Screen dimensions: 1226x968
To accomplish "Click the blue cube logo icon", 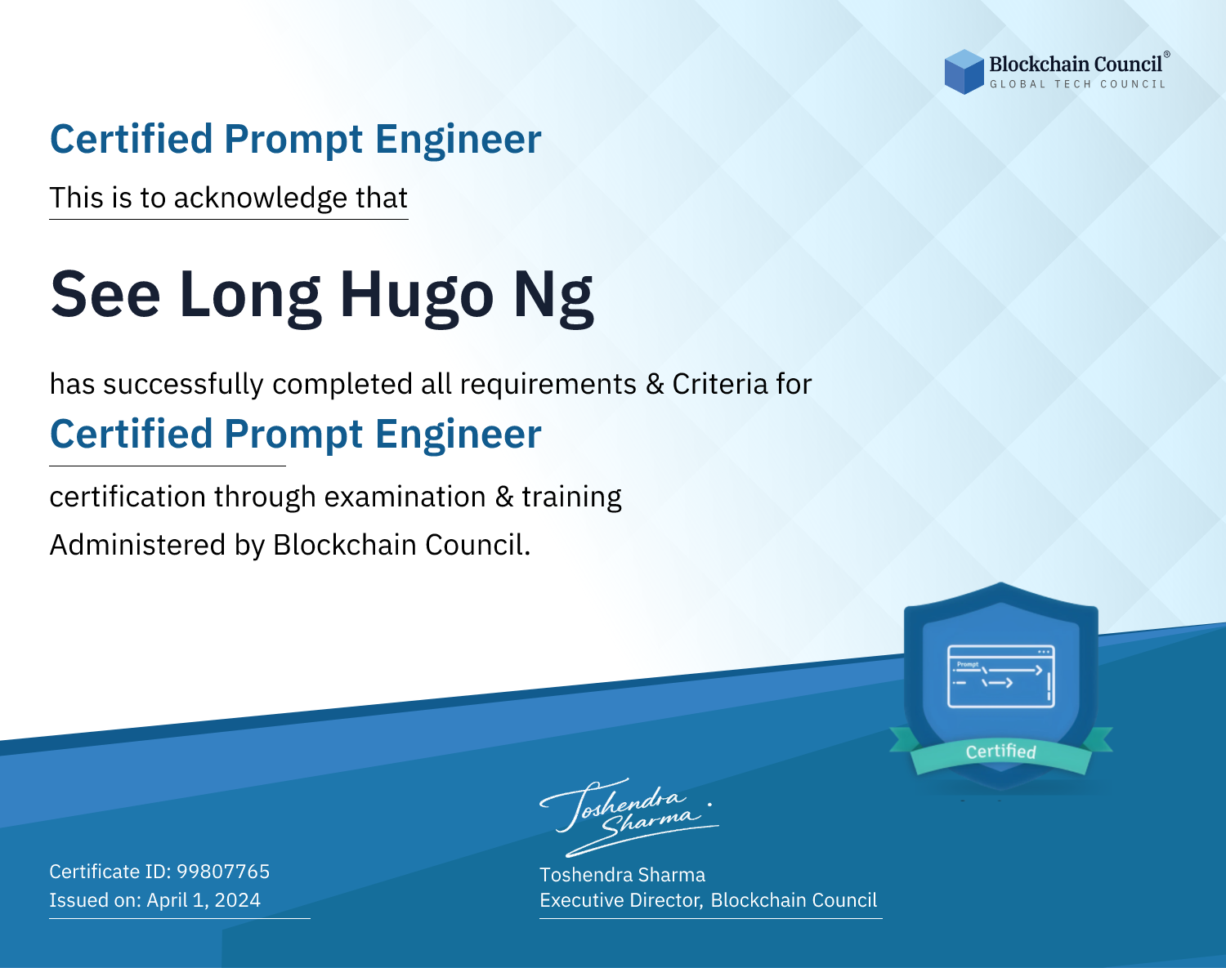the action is [x=964, y=72].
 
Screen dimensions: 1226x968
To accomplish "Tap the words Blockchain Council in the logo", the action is [x=1076, y=65].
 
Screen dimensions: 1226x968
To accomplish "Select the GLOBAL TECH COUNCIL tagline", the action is [x=1078, y=84].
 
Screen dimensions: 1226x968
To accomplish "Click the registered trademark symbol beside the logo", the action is [x=1167, y=55].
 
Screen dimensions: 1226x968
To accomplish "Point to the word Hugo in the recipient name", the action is [x=417, y=296].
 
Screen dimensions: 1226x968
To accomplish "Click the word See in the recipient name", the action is [x=105, y=294].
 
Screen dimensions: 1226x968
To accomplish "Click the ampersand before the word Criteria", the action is [x=655, y=385].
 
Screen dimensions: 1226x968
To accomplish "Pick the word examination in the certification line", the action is [x=405, y=497].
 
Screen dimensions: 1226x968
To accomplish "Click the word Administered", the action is [x=137, y=545].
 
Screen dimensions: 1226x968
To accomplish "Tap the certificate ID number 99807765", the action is [x=223, y=871].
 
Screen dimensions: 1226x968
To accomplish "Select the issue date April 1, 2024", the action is [x=204, y=900].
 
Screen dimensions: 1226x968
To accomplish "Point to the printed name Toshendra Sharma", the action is [x=622, y=875].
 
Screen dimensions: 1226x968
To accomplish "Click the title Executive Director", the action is [x=620, y=900].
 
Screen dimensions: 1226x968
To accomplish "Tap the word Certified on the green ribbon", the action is [x=1001, y=752].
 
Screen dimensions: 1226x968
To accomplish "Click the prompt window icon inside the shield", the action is [x=1001, y=676].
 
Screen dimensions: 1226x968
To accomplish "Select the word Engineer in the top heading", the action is [x=458, y=140].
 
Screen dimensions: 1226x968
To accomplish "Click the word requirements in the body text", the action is [x=548, y=385].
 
